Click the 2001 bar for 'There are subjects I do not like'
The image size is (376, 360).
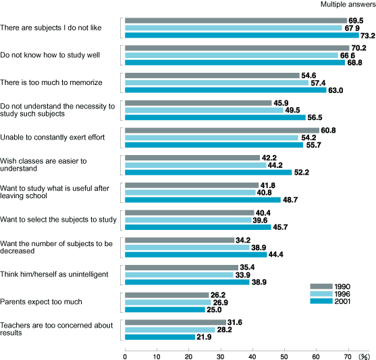242,35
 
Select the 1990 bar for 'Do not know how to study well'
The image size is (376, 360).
237,48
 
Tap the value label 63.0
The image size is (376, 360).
335,90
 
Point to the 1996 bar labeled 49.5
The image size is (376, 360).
204,110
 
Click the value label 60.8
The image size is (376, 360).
328,130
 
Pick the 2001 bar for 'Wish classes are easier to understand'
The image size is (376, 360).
209,173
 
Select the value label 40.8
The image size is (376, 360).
264,193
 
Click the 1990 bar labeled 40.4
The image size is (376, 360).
190,212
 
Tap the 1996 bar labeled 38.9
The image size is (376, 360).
187,247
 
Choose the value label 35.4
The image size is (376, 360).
247,268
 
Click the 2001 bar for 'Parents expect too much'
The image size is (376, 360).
165,309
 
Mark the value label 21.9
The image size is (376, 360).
204,337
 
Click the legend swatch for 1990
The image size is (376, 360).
321,287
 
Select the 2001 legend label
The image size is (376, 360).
342,301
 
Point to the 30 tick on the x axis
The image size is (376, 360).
221,350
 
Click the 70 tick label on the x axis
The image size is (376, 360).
348,357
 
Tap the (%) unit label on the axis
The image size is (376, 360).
364,357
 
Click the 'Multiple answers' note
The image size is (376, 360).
348,4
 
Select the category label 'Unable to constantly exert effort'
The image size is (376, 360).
52,138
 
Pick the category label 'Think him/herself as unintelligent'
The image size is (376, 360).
54,274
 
